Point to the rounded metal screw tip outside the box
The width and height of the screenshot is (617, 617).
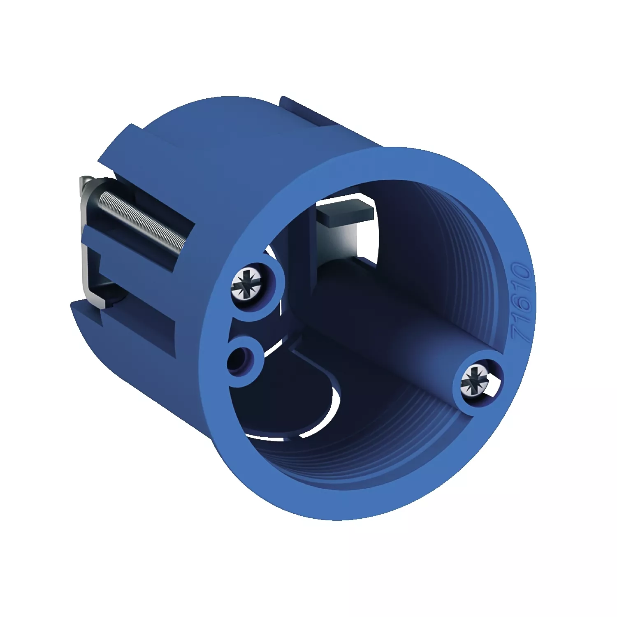pos(86,181)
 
